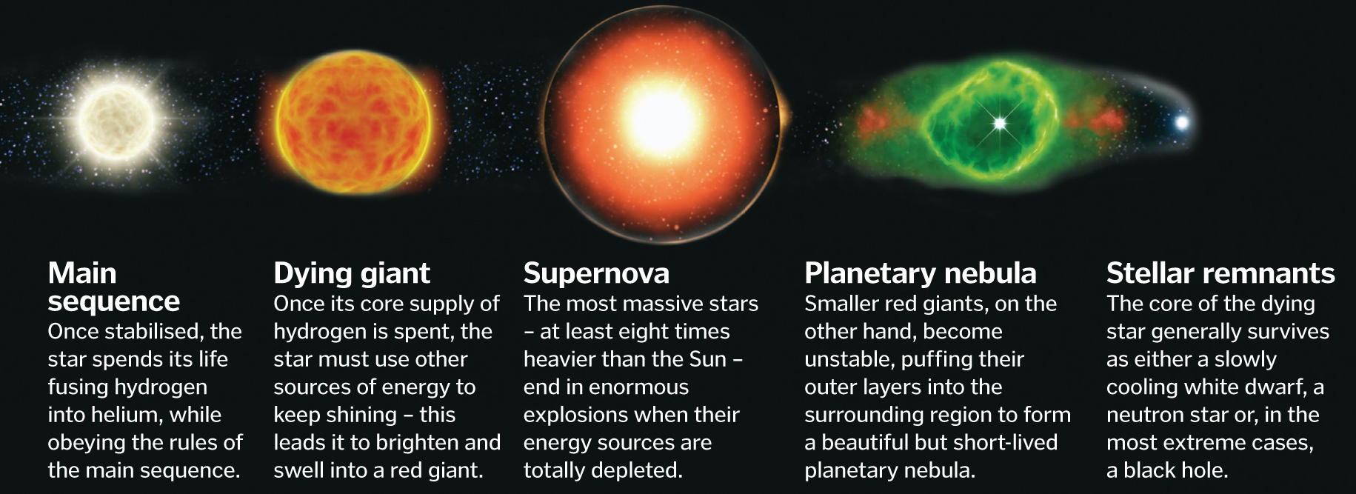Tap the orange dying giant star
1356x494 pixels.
[x=353, y=124]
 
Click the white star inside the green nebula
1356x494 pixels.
[x=999, y=123]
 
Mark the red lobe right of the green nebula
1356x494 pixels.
[x=1103, y=119]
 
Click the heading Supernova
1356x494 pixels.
[x=596, y=273]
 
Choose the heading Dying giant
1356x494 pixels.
[x=352, y=274]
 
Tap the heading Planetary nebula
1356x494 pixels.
[x=921, y=274]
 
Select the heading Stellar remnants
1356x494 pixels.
[x=1220, y=273]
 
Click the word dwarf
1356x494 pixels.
[x=1277, y=387]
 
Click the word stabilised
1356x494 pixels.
[x=151, y=332]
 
